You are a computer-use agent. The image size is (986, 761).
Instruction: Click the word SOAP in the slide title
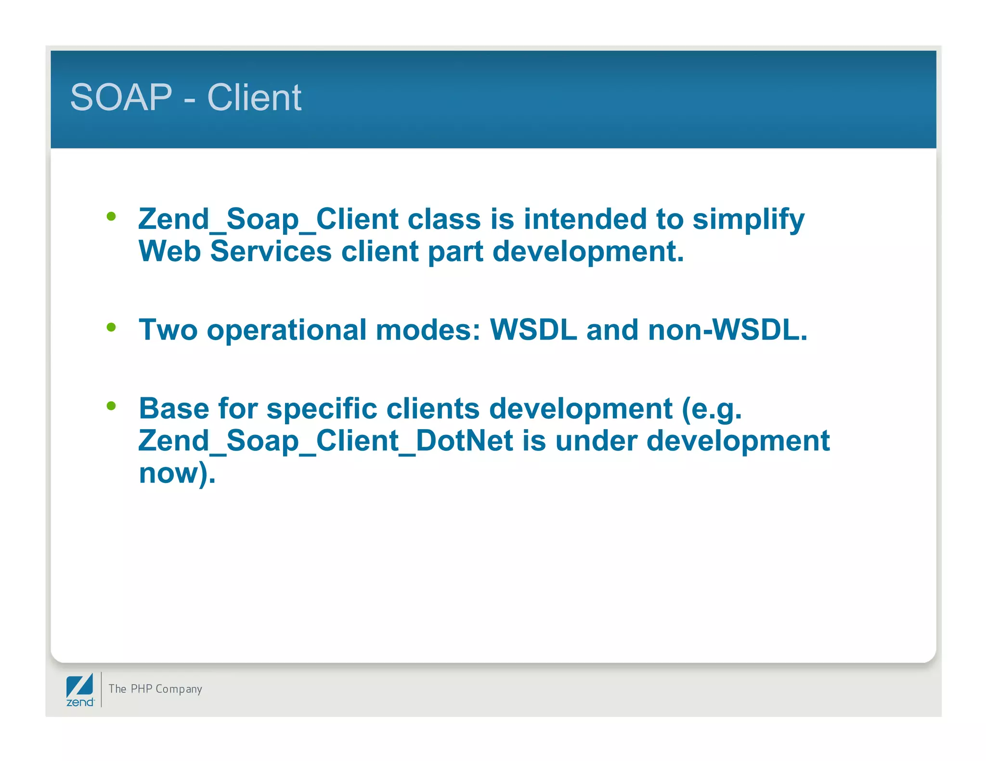pyautogui.click(x=121, y=98)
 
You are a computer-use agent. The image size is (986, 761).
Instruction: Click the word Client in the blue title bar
pyautogui.click(x=254, y=98)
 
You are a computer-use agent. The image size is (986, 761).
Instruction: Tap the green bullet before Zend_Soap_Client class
pyautogui.click(x=111, y=216)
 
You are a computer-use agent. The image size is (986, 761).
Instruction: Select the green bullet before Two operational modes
pyautogui.click(x=111, y=328)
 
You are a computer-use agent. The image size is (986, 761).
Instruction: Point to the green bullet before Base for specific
pyautogui.click(x=111, y=406)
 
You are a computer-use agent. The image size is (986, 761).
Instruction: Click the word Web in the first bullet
pyautogui.click(x=169, y=252)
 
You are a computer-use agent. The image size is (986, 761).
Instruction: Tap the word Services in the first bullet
pyautogui.click(x=271, y=252)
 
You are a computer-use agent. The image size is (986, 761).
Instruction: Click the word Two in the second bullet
pyautogui.click(x=168, y=330)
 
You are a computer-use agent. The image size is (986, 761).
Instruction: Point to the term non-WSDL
pyautogui.click(x=727, y=330)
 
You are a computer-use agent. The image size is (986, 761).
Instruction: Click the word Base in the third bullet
pyautogui.click(x=174, y=409)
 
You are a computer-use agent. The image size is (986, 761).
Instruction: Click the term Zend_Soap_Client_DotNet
pyautogui.click(x=325, y=441)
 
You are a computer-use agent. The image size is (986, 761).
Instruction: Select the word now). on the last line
pyautogui.click(x=177, y=474)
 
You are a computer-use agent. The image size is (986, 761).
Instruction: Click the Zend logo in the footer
pyautogui.click(x=80, y=690)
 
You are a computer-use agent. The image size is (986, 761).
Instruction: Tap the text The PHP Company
pyautogui.click(x=155, y=689)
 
